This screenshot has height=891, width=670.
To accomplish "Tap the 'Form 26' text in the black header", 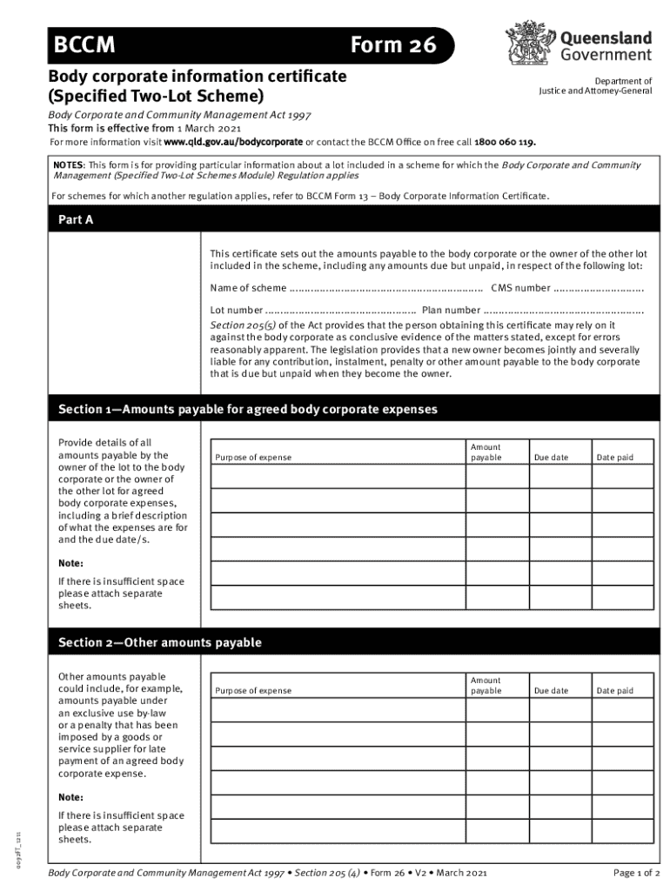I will (392, 45).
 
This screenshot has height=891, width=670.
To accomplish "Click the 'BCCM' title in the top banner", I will (84, 45).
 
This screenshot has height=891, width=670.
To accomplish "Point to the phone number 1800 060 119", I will (504, 142).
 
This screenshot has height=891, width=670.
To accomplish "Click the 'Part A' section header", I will (76, 220).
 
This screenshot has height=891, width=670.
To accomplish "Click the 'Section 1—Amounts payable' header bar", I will (248, 409).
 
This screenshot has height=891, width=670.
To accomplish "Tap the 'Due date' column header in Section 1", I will (551, 458).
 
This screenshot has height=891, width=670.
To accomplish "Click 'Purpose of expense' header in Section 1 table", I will (254, 458).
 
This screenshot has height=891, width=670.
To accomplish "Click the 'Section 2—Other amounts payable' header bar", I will (160, 643).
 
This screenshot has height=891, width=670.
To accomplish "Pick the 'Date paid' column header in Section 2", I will (614, 691).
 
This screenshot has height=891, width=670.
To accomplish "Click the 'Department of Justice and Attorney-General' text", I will (595, 85).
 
